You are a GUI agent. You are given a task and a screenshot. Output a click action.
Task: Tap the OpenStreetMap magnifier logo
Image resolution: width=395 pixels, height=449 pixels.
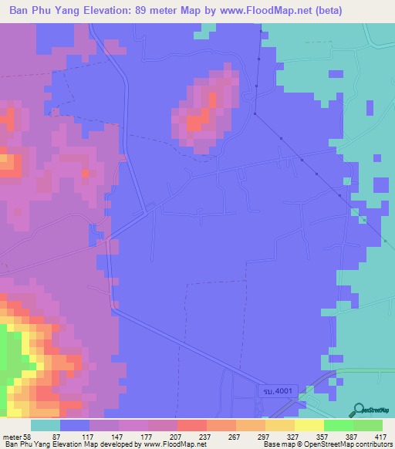(360, 410)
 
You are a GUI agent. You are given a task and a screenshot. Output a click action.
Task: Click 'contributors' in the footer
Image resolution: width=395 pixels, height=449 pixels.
(371, 444)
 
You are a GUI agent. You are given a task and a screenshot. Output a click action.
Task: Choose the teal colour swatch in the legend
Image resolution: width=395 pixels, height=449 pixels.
(45, 425)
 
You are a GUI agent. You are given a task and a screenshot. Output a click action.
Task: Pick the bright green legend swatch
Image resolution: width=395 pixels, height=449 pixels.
(339, 425)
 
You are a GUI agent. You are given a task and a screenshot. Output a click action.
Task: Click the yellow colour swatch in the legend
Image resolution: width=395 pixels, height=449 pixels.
(309, 425)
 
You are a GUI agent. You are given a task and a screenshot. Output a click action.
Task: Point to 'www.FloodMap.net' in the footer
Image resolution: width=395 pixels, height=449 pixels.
(167, 444)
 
